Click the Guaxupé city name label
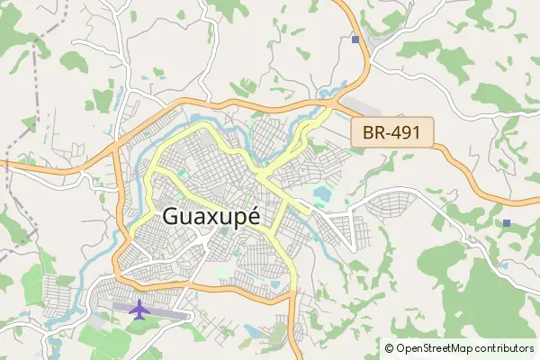pos(211,218)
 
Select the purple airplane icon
pos(139,310)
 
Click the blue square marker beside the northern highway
pos(355,40)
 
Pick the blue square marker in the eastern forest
pos(507,222)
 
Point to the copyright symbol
pos(390,347)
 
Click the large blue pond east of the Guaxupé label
pos(320,193)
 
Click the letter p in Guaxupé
pos(236,220)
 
